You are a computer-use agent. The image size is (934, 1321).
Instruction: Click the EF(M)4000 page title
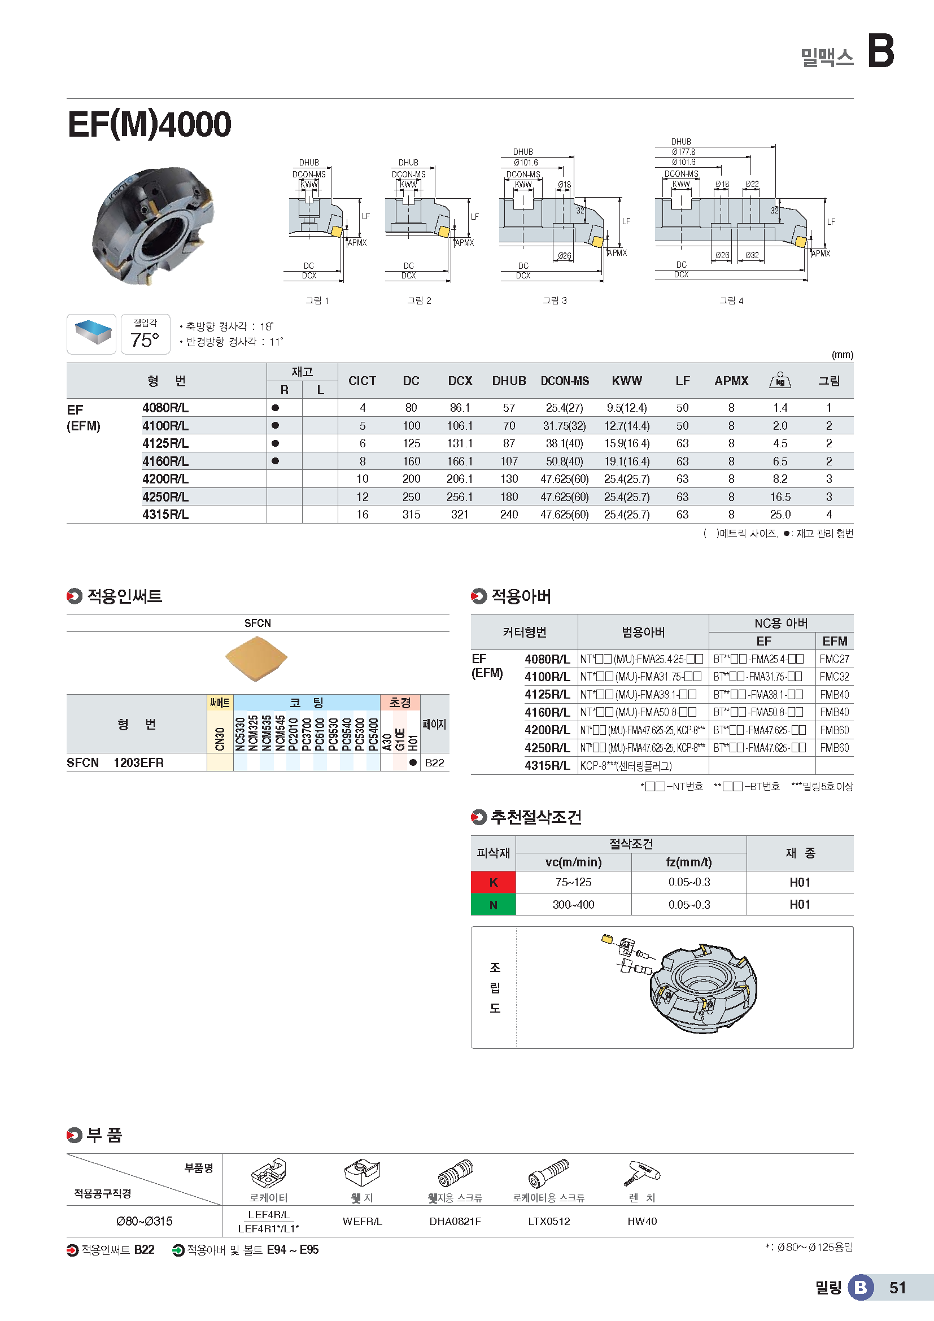click(x=149, y=124)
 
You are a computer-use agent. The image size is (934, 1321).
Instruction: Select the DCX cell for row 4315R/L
click(x=459, y=515)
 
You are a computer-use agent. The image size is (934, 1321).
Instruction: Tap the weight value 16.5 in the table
click(x=780, y=497)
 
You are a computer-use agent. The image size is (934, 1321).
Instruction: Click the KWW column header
click(x=626, y=381)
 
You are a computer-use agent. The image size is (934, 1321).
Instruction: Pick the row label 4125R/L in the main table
click(x=165, y=443)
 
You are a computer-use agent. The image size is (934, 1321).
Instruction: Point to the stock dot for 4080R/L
click(x=276, y=408)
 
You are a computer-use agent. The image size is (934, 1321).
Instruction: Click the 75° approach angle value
click(x=145, y=340)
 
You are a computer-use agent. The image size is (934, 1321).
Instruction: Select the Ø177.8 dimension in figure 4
click(x=683, y=152)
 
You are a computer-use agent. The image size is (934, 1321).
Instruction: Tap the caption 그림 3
click(x=555, y=300)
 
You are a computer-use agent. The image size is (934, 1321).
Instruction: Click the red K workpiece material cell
click(x=493, y=882)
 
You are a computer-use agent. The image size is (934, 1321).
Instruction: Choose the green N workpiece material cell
click(x=493, y=905)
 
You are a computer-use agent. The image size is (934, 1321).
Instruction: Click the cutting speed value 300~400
click(x=573, y=905)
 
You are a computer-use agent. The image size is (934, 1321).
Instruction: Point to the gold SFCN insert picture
click(x=256, y=658)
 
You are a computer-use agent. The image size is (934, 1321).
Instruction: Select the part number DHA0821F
click(x=455, y=1222)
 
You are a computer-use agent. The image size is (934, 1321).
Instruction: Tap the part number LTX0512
click(x=549, y=1222)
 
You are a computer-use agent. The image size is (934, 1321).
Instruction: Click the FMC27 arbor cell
click(x=834, y=659)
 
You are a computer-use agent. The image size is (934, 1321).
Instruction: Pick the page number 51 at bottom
click(x=897, y=1288)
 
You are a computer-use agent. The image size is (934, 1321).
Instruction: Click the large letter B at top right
click(x=880, y=51)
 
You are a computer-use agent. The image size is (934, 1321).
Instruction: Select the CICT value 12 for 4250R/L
click(x=363, y=497)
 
